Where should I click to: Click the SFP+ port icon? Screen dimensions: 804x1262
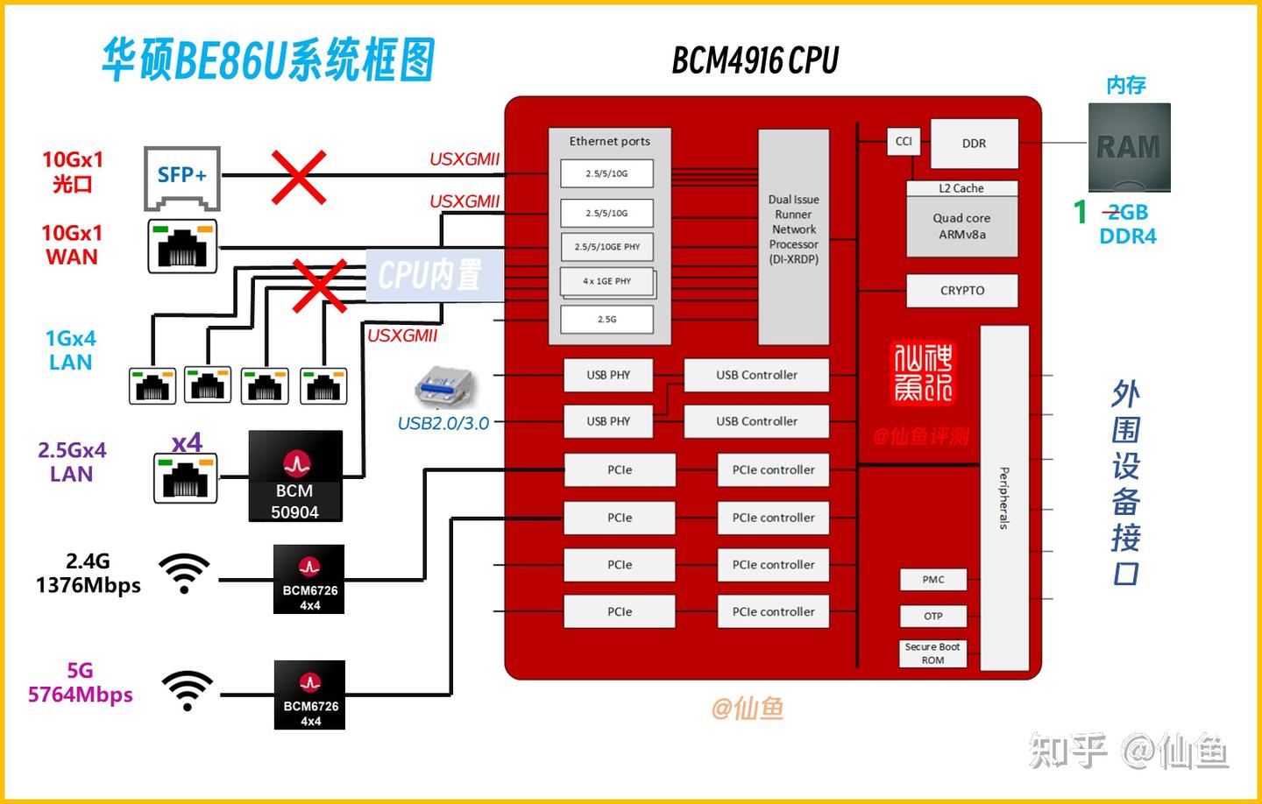click(182, 177)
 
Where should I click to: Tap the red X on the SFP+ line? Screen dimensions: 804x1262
click(299, 177)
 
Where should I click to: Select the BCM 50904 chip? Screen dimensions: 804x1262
click(294, 476)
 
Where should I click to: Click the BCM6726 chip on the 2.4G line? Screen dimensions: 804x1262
click(309, 579)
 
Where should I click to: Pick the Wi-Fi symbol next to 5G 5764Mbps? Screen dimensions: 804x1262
click(187, 690)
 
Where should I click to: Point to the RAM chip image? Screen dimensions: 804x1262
click(1129, 147)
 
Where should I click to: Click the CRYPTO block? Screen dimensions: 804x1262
click(961, 291)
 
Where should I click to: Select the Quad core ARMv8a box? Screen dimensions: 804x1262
click(961, 226)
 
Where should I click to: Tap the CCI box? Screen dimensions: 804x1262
click(904, 141)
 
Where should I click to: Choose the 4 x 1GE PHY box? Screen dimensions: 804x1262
click(606, 281)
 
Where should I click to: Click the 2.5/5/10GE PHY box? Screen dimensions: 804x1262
click(606, 247)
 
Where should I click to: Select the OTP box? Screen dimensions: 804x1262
click(932, 616)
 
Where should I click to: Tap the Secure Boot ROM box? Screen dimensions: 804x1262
click(932, 653)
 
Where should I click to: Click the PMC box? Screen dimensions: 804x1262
click(932, 580)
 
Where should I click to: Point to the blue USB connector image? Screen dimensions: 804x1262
click(445, 388)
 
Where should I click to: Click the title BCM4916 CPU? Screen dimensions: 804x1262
click(755, 60)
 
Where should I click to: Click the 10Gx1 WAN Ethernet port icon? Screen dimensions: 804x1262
click(182, 246)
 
